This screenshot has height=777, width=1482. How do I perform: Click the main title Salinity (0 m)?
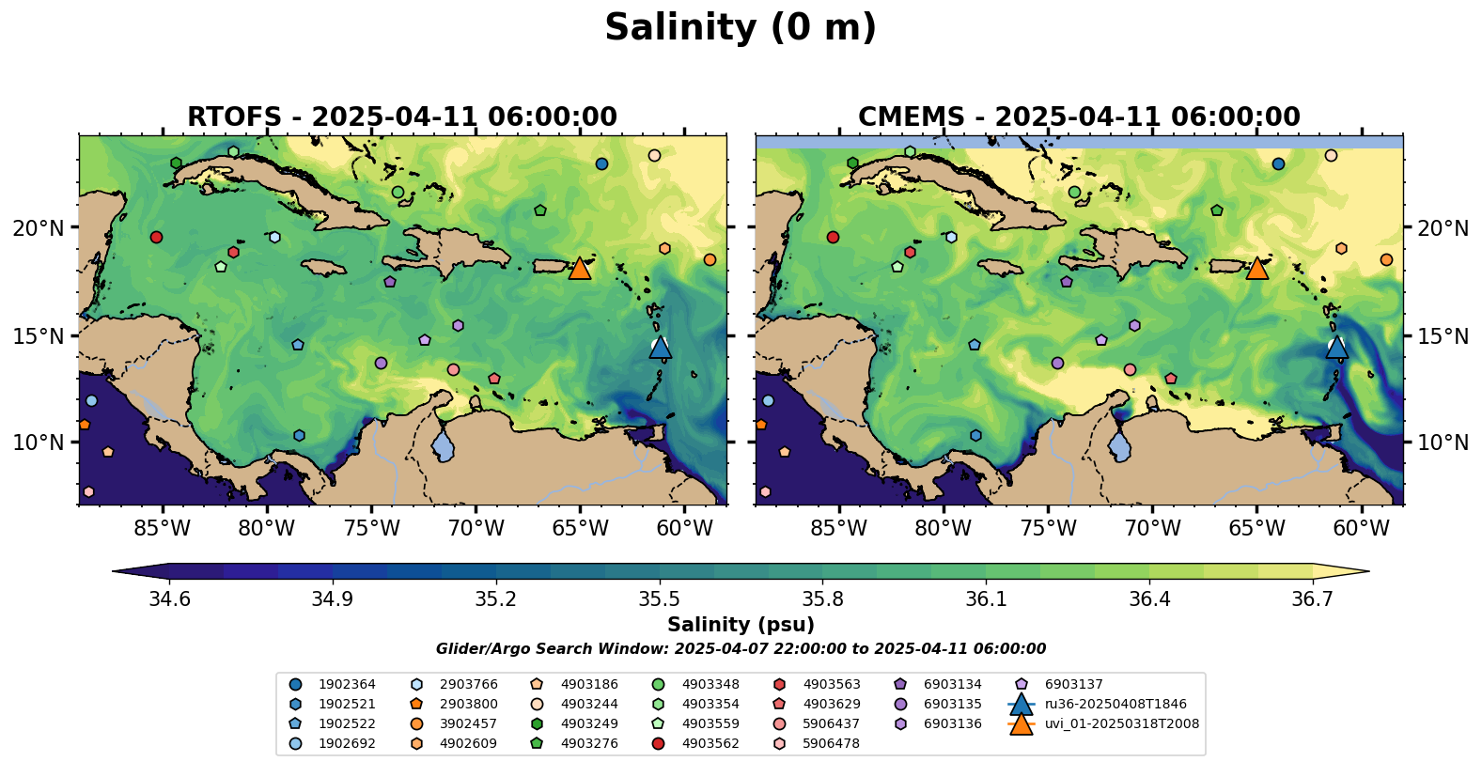(740, 28)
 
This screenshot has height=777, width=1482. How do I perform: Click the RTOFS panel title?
(402, 117)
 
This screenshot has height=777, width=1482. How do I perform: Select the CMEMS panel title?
(1079, 117)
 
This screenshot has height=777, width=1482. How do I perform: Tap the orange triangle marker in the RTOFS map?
(580, 269)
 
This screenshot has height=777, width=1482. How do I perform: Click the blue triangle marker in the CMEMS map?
(1336, 348)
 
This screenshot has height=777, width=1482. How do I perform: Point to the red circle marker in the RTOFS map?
(156, 237)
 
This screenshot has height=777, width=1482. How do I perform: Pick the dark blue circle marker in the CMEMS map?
(1278, 164)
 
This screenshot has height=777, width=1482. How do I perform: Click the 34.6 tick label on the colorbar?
(169, 599)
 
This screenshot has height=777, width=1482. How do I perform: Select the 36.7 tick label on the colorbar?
(1312, 599)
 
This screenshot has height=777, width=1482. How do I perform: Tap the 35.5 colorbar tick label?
(659, 599)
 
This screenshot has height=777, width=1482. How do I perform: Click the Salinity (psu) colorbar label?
(741, 625)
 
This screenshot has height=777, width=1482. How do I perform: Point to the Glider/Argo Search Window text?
(741, 649)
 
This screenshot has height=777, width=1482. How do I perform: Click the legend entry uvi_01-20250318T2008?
(1121, 724)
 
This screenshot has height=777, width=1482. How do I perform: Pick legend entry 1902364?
(347, 685)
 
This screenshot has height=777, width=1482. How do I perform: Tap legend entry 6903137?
(1073, 685)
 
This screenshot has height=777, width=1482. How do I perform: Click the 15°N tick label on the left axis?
(39, 336)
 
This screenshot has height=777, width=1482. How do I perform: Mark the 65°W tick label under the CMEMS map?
(1256, 529)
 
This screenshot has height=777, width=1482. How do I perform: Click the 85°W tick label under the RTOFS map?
(162, 529)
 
